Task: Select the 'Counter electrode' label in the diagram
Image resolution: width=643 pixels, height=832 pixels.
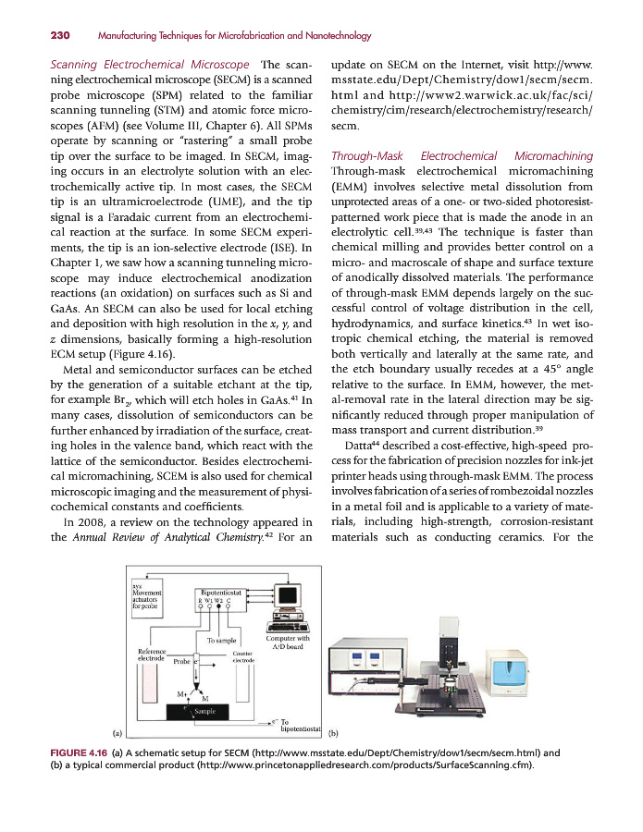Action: pos(243,657)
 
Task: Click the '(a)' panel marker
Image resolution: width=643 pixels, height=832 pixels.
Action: pos(117,732)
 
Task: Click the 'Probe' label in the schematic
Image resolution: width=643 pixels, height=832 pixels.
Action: pos(181,662)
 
